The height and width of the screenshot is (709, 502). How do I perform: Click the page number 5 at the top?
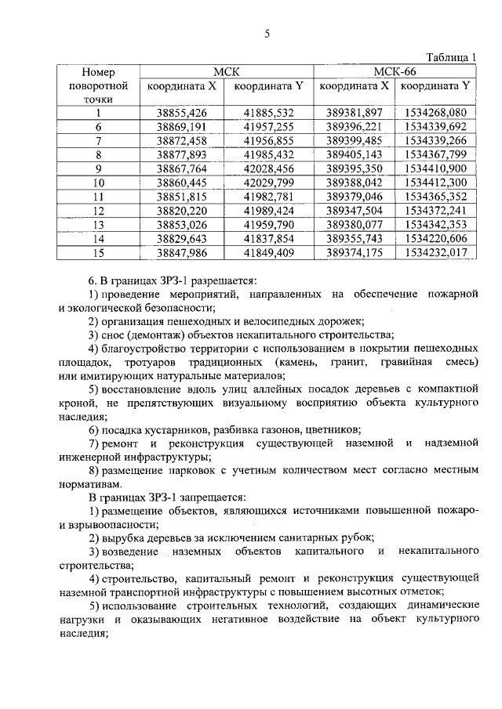[x=267, y=34]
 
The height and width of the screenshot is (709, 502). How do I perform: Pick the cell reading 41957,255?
[x=268, y=127]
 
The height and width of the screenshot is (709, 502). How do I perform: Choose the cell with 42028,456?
[x=268, y=168]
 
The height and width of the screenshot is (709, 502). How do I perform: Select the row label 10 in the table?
[x=99, y=183]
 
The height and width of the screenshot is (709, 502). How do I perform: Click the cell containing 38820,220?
[x=181, y=211]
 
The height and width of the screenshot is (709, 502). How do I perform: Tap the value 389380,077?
[x=353, y=225]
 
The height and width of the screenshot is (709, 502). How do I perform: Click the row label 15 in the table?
[x=99, y=252]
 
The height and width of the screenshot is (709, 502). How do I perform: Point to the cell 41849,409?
[x=268, y=252]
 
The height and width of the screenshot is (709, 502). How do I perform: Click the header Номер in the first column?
[x=99, y=71]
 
